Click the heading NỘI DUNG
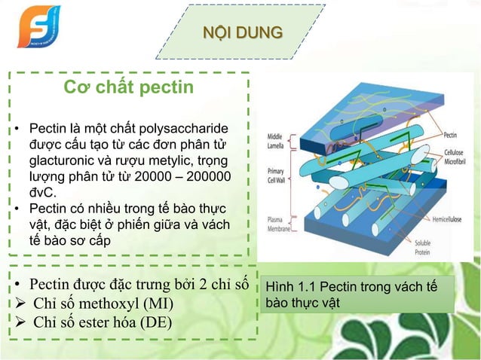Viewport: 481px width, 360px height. point(243,32)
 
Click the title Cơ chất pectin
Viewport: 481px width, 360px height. point(128,88)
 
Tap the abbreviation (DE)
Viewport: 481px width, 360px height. point(155,324)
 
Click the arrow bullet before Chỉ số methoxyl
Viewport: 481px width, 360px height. point(20,305)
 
